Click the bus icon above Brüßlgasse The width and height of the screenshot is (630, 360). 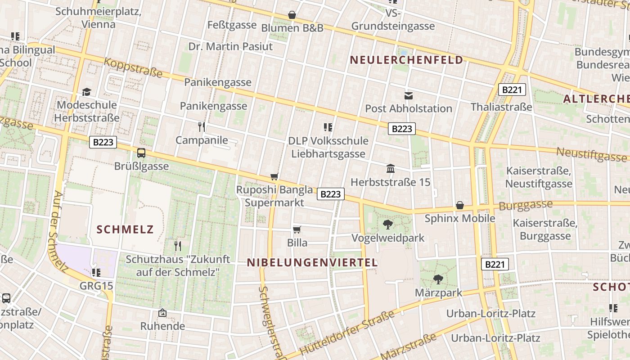click(141, 153)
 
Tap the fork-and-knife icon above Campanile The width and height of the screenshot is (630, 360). click(202, 127)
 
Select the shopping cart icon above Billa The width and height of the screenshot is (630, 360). click(297, 230)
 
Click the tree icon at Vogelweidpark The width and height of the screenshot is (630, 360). click(387, 225)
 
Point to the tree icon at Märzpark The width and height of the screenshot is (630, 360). click(438, 279)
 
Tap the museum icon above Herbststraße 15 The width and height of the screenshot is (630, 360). click(391, 169)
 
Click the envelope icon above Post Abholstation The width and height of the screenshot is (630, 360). click(409, 95)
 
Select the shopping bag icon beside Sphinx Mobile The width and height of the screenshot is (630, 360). click(460, 206)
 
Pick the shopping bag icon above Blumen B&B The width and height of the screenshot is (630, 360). click(292, 15)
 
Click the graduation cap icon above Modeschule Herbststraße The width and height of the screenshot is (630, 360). click(86, 92)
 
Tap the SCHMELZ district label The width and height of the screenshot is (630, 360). click(125, 229)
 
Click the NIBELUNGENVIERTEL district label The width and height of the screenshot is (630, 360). click(312, 263)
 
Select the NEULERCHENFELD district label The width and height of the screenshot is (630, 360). click(406, 60)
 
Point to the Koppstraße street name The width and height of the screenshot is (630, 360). click(133, 67)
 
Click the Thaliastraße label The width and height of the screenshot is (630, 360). click(501, 107)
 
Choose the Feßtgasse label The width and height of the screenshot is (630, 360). click(232, 25)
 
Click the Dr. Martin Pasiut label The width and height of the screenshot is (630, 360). click(230, 46)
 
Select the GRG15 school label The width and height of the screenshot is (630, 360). click(96, 286)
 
